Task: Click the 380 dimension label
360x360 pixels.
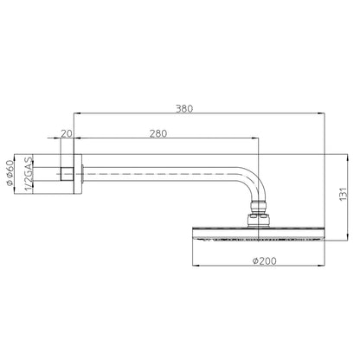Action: [184, 109]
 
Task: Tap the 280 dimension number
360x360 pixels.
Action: [158, 133]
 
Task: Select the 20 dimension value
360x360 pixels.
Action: [67, 133]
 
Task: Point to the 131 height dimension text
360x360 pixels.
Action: [343, 194]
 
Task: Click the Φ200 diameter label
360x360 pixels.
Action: [264, 260]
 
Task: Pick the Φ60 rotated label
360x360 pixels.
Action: [10, 172]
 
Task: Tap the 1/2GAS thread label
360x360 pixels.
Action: [28, 174]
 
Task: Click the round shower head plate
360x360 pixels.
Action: [259, 234]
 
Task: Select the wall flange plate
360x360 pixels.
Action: [78, 174]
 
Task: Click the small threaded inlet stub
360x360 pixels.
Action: [67, 174]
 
